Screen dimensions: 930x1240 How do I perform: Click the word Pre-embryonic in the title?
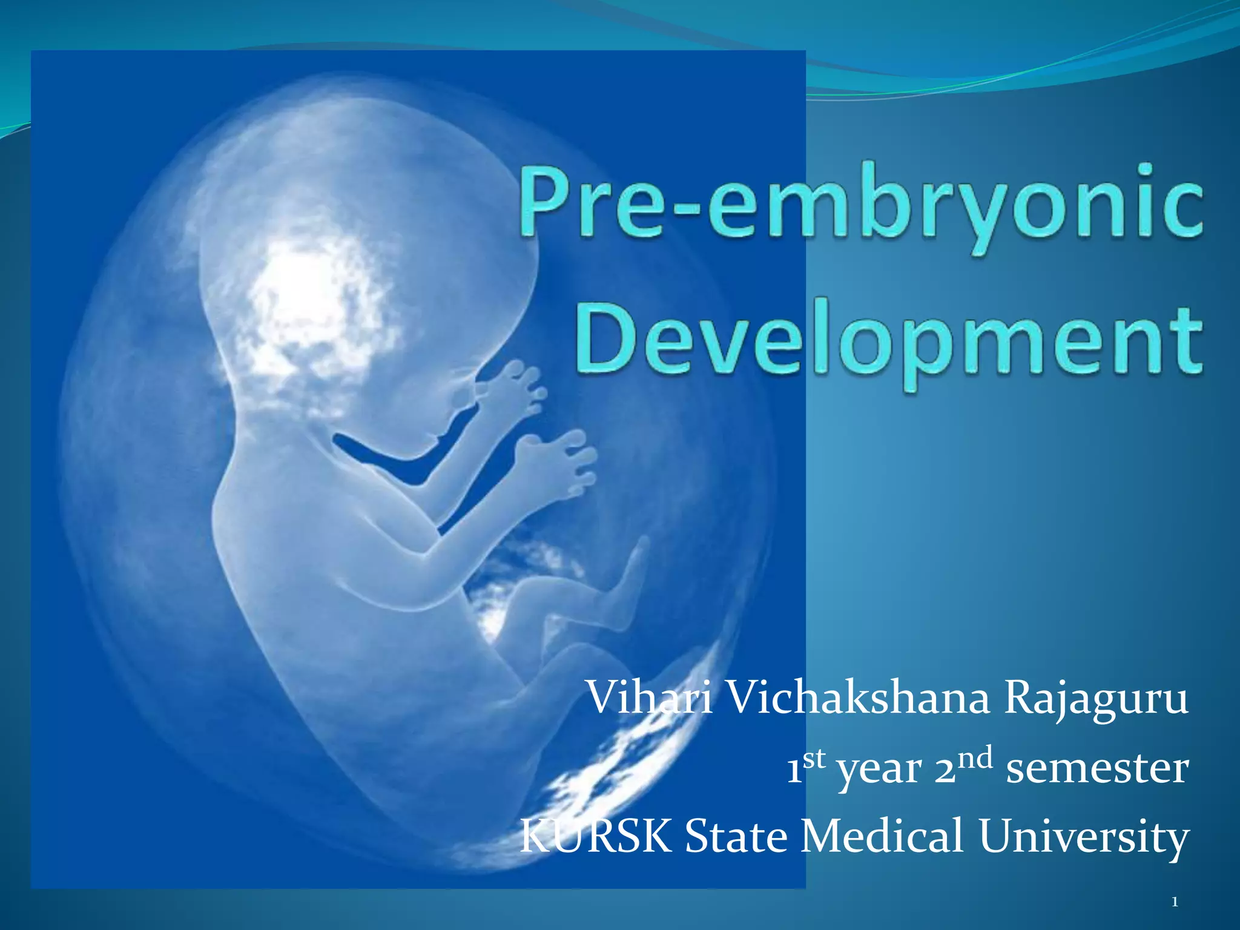click(x=860, y=206)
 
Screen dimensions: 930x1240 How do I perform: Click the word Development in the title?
click(x=888, y=342)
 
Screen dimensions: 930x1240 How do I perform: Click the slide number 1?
click(x=1175, y=903)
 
